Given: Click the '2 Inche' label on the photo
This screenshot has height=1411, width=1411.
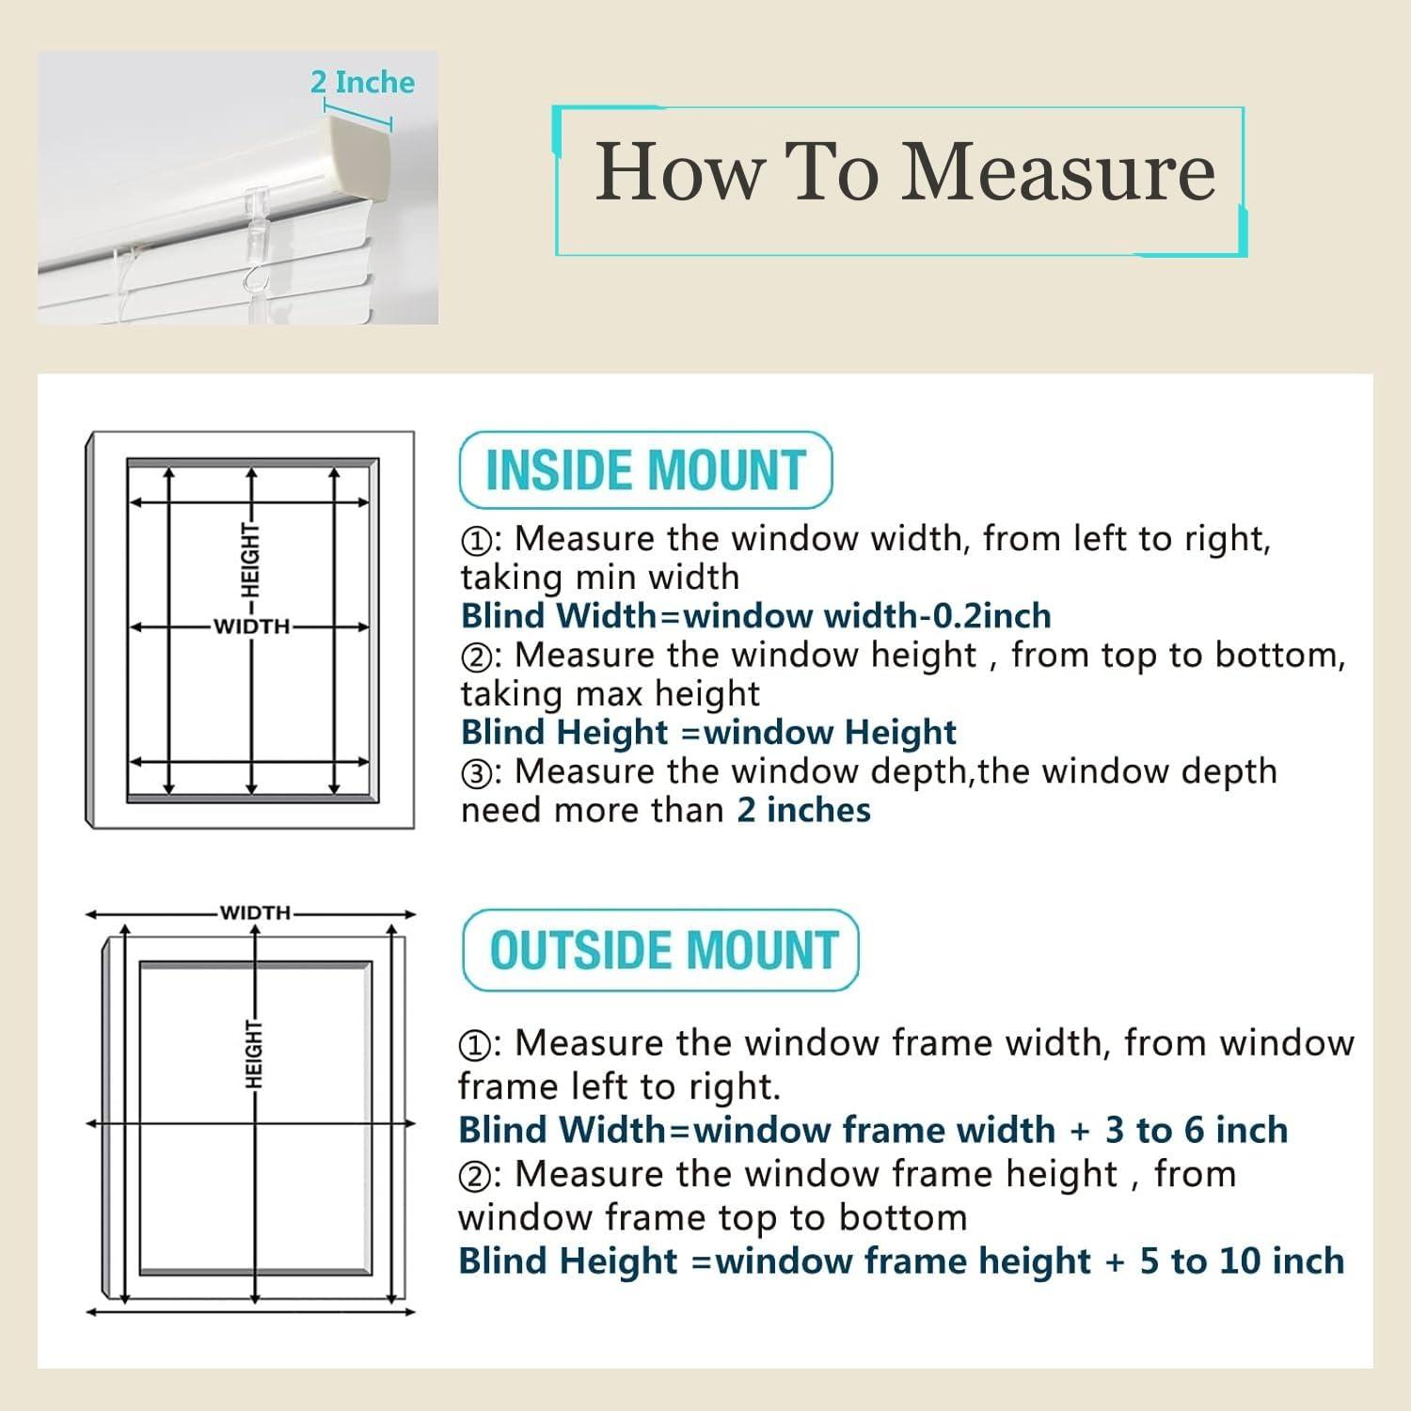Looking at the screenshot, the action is (x=362, y=82).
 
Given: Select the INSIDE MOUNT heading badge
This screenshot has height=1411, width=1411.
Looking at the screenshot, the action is (x=645, y=469).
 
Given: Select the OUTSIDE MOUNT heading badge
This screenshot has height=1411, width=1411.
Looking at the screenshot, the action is (x=661, y=950).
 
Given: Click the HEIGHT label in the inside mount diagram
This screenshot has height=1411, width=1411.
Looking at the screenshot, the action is (x=250, y=561).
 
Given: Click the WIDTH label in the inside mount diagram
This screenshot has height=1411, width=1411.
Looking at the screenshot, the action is (x=251, y=626).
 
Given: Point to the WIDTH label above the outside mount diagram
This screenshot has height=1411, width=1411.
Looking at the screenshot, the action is (x=255, y=912).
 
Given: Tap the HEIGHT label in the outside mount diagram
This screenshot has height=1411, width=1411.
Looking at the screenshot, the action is (x=254, y=1054).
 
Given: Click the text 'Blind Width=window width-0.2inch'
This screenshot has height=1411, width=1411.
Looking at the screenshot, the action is (x=756, y=615).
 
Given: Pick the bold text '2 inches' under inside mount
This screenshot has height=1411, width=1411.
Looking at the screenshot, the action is (x=803, y=810).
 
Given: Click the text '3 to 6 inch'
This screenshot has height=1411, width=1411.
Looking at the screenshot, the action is (x=1197, y=1130).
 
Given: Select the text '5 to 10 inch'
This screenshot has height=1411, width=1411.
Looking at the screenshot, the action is (x=1243, y=1261).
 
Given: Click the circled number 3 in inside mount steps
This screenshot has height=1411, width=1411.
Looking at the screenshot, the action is (x=475, y=774).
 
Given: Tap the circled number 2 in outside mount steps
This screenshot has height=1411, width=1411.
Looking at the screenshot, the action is (x=473, y=1177).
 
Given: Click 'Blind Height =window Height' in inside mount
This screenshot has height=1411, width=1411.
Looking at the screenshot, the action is (x=708, y=732).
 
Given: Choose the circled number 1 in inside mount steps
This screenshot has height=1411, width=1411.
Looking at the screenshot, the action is (x=475, y=541).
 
